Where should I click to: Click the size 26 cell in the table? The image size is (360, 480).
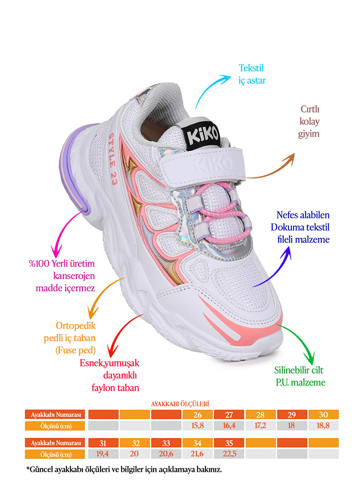(x=197, y=414)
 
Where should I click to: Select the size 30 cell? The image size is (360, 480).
(x=323, y=414)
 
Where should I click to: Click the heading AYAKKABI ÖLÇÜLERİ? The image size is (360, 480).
(x=180, y=404)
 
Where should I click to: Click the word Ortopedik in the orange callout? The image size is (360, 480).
(x=76, y=326)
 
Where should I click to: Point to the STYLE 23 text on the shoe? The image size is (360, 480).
(x=113, y=159)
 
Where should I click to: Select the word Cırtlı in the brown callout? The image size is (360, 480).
(x=310, y=109)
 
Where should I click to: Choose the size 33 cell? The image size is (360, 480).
(x=166, y=443)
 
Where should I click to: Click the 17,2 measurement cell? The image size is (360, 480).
(x=260, y=425)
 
